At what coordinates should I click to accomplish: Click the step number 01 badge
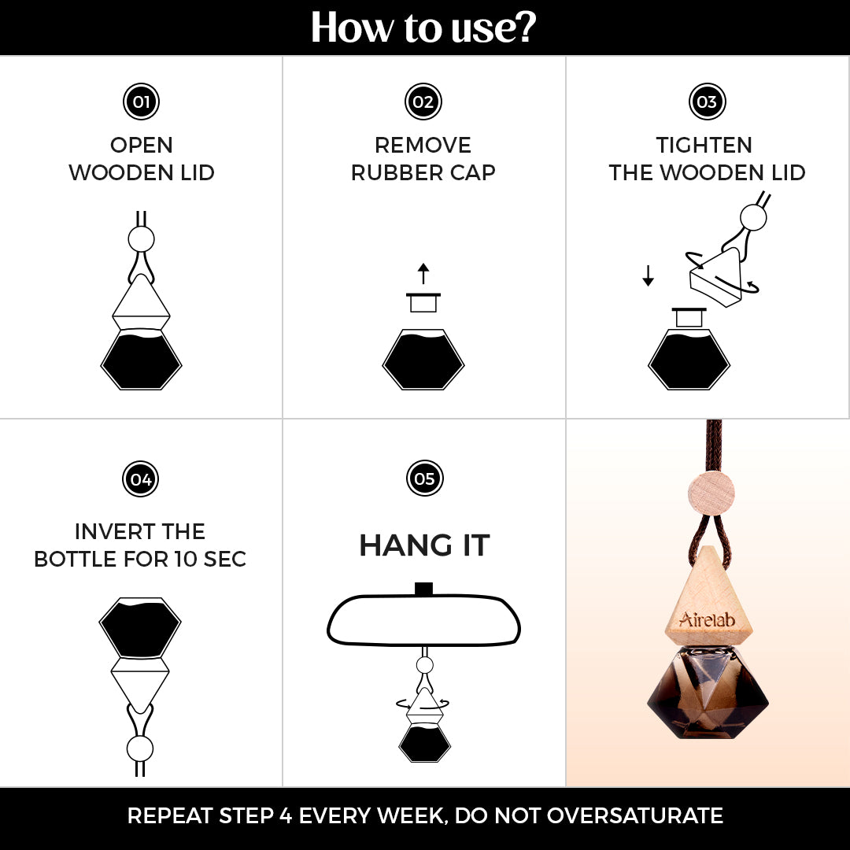point(141,102)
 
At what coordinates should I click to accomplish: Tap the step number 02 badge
point(423,102)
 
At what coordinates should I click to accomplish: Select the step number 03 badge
point(707,102)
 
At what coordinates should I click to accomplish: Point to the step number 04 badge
point(140,479)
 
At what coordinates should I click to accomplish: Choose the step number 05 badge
point(424,479)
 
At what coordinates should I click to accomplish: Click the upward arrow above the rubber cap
point(423,274)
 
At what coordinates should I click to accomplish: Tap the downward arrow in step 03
point(648,275)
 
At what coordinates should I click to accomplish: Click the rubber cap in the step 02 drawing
point(423,302)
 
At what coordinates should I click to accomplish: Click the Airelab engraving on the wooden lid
point(707,619)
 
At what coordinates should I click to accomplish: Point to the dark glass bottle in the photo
point(708,693)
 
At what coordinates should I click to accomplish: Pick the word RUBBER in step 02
point(390,172)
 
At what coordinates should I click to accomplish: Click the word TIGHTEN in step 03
point(704,145)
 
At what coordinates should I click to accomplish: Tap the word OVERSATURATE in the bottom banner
point(635,815)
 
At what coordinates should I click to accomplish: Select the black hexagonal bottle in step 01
point(141,360)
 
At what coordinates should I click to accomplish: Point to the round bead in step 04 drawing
point(140,748)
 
